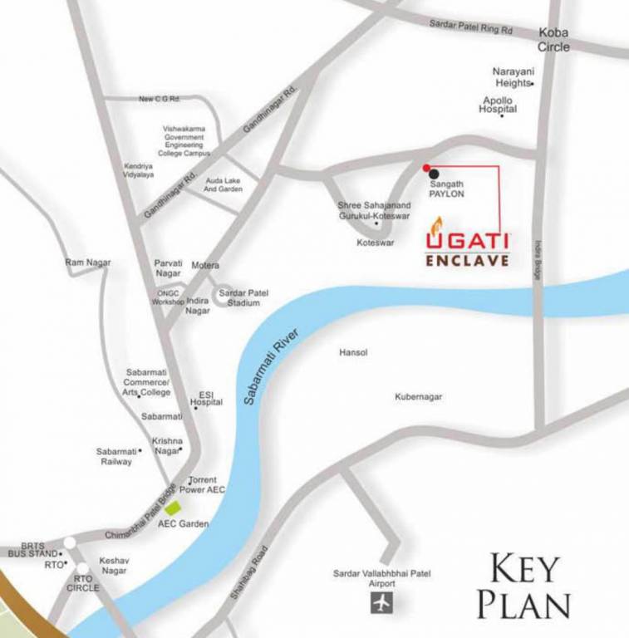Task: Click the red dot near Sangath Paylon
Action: click(426, 166)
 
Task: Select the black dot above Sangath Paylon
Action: click(433, 173)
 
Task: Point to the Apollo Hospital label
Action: click(499, 105)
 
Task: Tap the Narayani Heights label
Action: click(512, 77)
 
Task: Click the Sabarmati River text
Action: click(271, 364)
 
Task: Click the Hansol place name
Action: click(353, 353)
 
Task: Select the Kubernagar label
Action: click(419, 397)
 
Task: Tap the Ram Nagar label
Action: click(88, 263)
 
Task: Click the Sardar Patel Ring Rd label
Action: click(471, 27)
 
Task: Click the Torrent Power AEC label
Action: click(206, 485)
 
